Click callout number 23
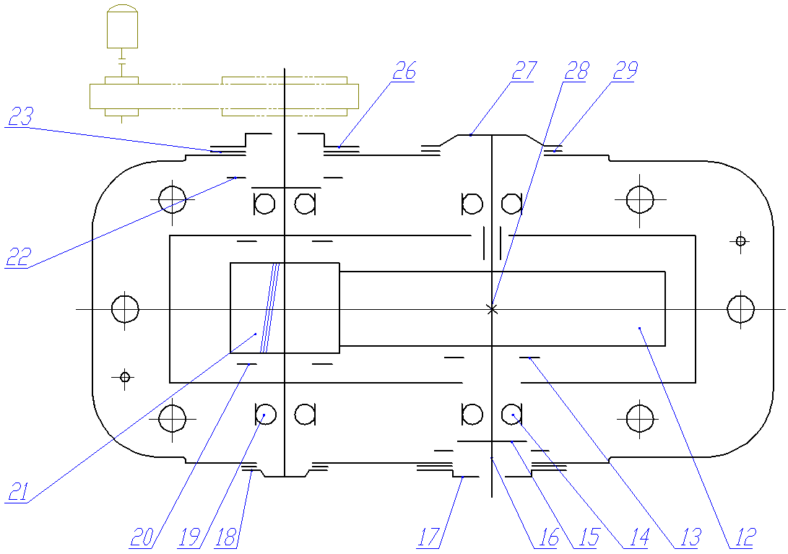click(21, 116)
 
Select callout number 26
click(404, 71)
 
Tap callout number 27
click(524, 71)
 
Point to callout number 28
click(576, 71)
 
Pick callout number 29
click(625, 71)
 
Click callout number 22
click(19, 257)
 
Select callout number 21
click(17, 492)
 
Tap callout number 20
click(142, 537)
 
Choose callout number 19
click(189, 537)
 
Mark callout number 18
click(225, 537)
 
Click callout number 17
click(429, 537)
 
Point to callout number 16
click(548, 537)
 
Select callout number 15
click(589, 537)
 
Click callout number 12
click(745, 537)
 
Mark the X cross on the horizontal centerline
click(492, 309)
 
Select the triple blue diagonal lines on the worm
click(269, 308)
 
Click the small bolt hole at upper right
click(740, 241)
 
